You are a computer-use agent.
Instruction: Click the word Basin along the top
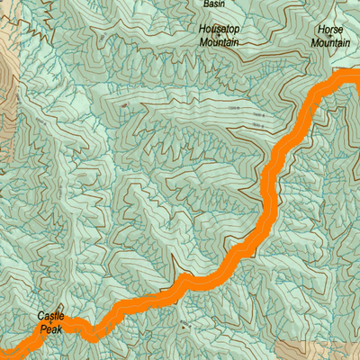[x=213, y=4]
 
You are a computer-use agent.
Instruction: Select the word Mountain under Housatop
[x=219, y=41]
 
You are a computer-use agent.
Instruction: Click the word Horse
[x=329, y=30]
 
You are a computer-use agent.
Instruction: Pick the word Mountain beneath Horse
[x=329, y=41]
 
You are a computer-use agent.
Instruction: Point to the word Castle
[x=51, y=316]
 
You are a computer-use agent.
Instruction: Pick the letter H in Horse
[x=318, y=30]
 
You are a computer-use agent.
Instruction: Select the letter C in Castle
[x=41, y=316]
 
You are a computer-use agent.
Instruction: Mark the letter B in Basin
[x=206, y=4]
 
